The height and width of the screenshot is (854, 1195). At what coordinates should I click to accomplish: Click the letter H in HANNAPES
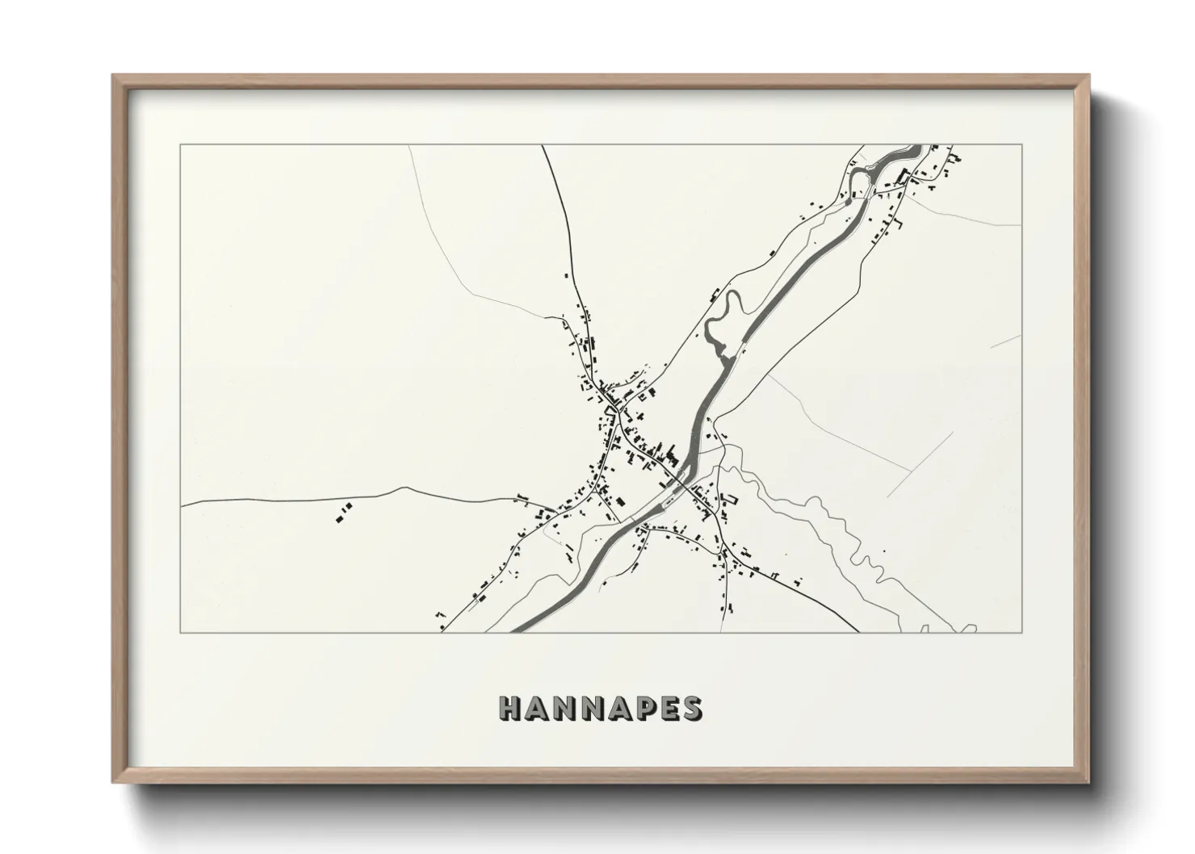tap(512, 708)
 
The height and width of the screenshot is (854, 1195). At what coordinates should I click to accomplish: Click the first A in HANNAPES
tap(539, 708)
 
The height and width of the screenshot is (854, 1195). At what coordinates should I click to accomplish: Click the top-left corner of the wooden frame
tap(113, 76)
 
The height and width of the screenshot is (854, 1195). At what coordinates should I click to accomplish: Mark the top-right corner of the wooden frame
tap(1088, 76)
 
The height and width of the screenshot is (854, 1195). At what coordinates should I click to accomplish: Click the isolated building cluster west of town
tap(344, 512)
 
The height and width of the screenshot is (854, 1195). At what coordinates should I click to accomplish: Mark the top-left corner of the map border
tap(180, 145)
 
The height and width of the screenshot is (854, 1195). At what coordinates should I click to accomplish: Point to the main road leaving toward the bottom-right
tap(848, 626)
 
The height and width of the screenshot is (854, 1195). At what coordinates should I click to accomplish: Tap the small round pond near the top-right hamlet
tap(846, 203)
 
